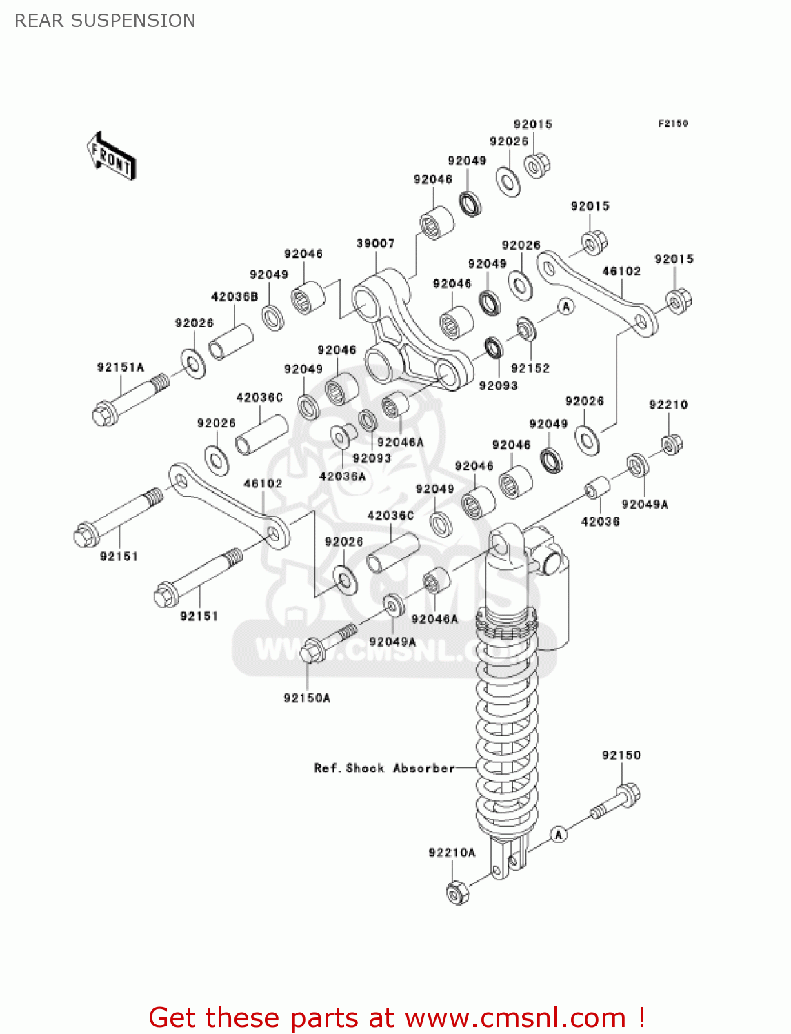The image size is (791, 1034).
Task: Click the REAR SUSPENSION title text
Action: tap(105, 21)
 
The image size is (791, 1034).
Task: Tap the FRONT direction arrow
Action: tap(111, 156)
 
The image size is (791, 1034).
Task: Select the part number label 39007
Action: tap(375, 243)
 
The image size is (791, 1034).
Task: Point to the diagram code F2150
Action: tap(672, 123)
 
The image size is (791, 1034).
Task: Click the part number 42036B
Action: tap(234, 296)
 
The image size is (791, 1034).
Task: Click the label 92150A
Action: tap(307, 698)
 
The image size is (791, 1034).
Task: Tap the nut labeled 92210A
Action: tap(457, 892)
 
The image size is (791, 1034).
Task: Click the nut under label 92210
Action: tap(672, 444)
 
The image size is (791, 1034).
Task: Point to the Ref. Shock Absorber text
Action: tap(384, 768)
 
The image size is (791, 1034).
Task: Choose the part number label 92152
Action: tap(530, 368)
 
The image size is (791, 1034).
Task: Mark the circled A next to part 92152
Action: tap(566, 306)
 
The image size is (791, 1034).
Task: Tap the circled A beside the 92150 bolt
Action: tap(559, 835)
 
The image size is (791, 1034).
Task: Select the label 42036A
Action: tap(342, 476)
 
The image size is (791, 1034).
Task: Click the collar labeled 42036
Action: tap(597, 487)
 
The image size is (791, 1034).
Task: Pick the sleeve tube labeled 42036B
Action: tap(231, 341)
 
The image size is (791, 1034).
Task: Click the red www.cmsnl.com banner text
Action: tap(397, 1017)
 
